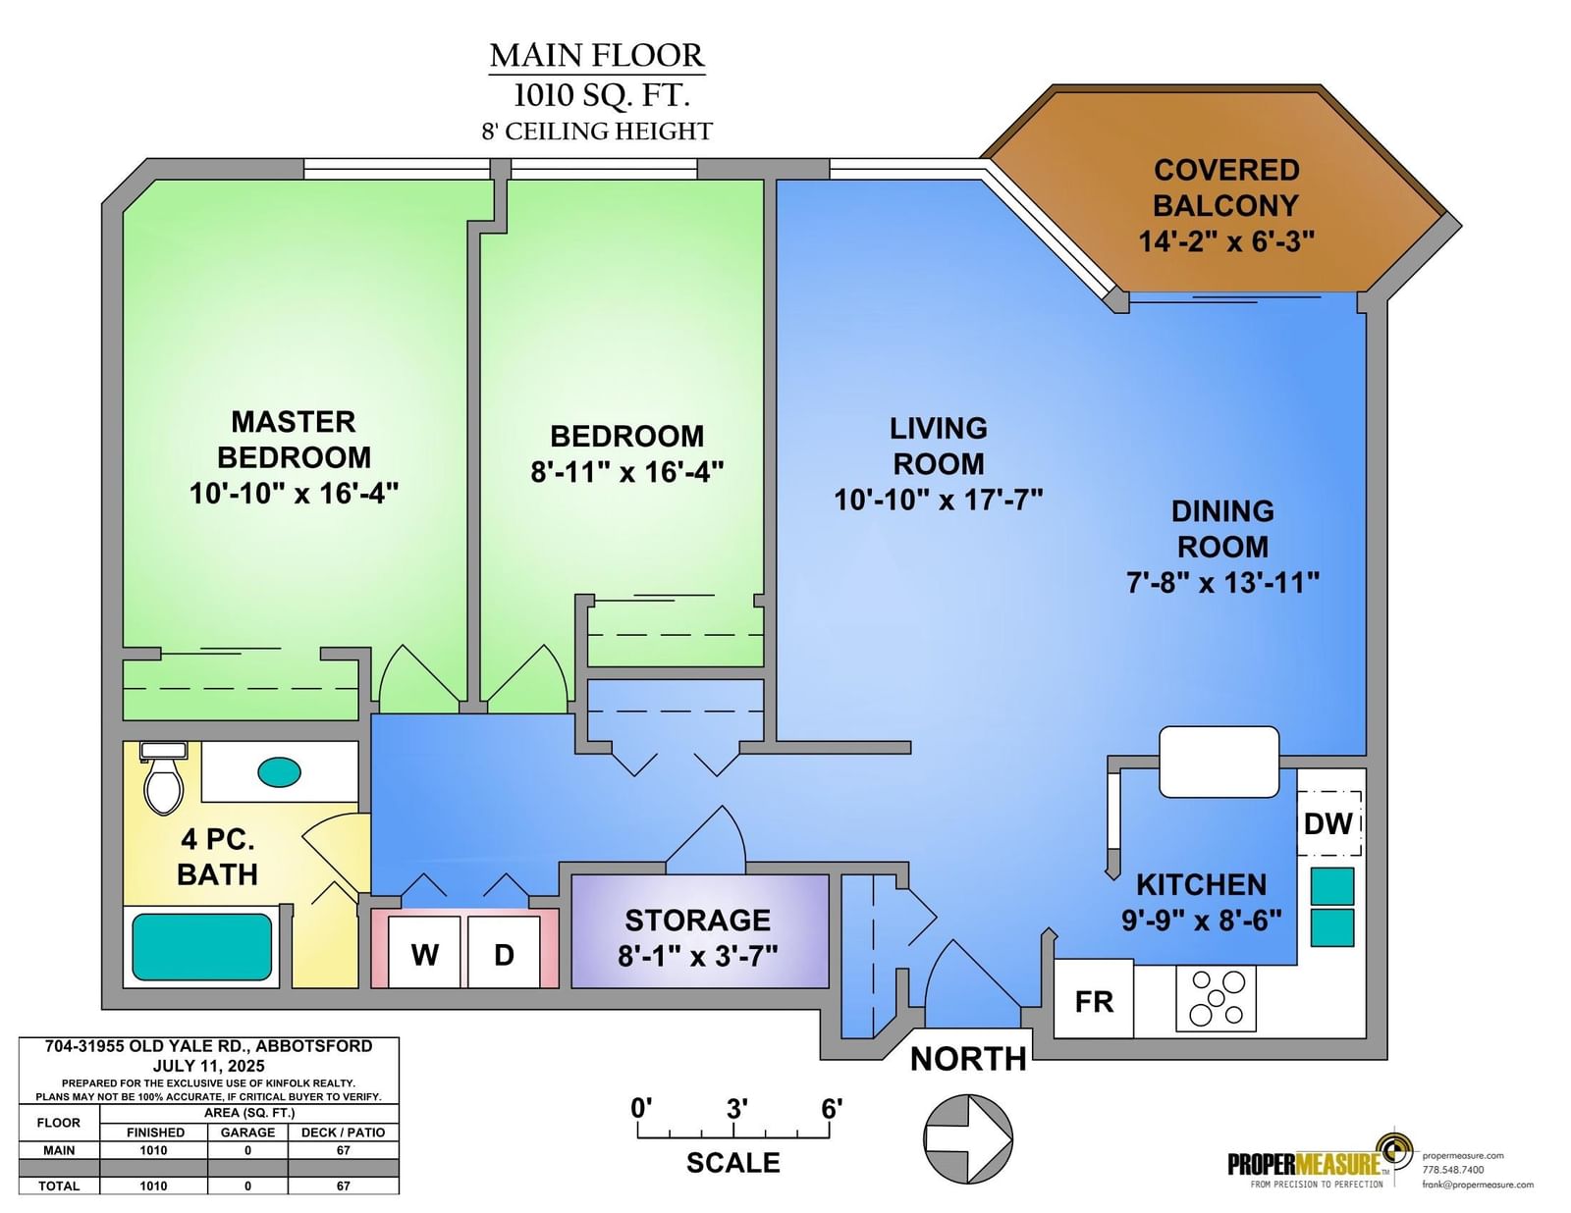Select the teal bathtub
pos(202,946)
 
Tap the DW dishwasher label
pos(1328,823)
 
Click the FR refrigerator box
pos(1093,1001)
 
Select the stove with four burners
pos(1216,998)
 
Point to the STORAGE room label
pos(698,921)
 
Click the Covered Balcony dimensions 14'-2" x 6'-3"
pos(1226,240)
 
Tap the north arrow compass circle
pos(969,1139)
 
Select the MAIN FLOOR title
pos(596,56)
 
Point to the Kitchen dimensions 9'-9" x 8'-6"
pos(1202,921)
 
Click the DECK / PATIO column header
pos(343,1133)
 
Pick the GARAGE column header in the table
pos(247,1133)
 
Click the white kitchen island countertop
pos(1219,762)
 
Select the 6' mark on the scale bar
pos(832,1108)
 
